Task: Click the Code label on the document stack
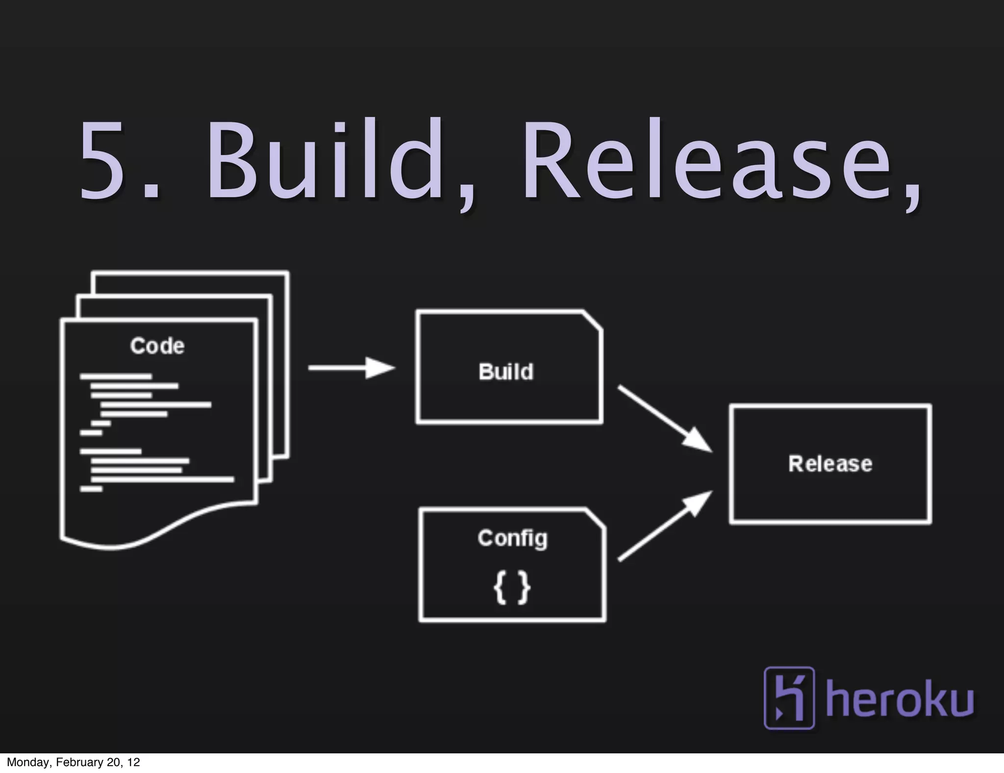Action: coord(157,346)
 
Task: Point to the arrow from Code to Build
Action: coord(351,368)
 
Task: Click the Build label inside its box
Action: coord(506,372)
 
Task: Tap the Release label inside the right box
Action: coord(830,464)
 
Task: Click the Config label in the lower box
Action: coord(512,539)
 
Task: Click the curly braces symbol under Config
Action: coord(512,589)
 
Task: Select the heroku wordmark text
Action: coord(900,699)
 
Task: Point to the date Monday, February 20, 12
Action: coord(74,762)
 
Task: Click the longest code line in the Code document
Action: coord(162,479)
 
